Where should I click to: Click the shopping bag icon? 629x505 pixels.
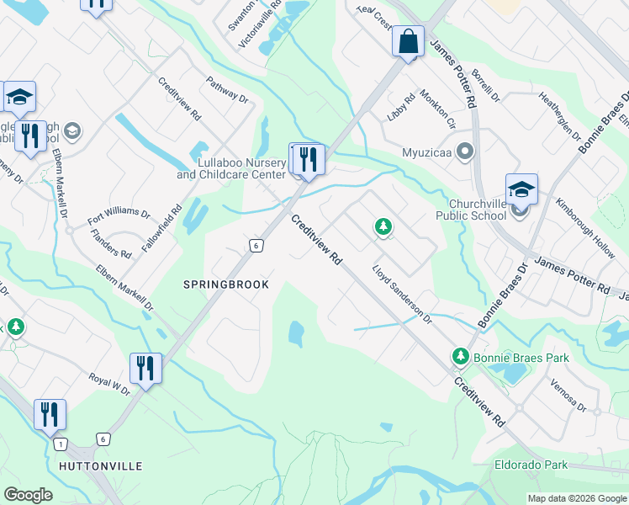point(408,42)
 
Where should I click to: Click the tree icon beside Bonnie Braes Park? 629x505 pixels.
point(460,357)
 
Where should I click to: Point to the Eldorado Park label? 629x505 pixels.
point(530,464)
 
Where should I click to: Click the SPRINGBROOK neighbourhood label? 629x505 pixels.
point(226,284)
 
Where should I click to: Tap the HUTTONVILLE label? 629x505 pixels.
point(101,465)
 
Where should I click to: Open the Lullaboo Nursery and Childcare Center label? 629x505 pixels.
point(230,168)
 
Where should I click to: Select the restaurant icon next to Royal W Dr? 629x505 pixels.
point(145,368)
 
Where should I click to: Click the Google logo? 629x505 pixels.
point(28,495)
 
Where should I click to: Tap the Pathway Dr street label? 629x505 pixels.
point(227,91)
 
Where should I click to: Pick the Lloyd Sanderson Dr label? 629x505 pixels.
point(401,295)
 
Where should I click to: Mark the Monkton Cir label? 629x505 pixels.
point(437,109)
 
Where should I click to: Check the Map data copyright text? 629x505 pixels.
point(576,498)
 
